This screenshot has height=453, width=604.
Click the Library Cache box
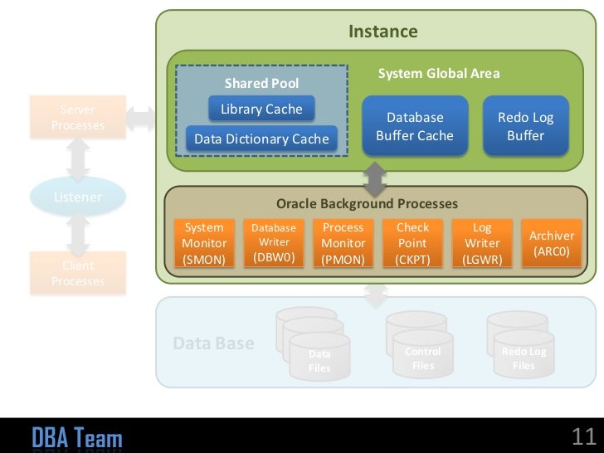tap(261, 110)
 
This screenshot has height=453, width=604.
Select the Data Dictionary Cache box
tap(261, 139)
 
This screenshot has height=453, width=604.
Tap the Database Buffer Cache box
tap(415, 126)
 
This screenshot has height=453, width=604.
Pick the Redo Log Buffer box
tap(525, 126)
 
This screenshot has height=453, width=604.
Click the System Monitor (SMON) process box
tap(204, 243)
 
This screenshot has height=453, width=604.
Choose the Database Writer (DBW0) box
tap(274, 243)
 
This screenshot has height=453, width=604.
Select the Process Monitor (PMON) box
tap(343, 243)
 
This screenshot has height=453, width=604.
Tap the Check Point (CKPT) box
tap(413, 243)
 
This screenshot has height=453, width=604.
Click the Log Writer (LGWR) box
tap(482, 243)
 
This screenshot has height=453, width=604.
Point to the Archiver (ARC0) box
tap(552, 243)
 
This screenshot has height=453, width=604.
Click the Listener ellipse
tap(78, 197)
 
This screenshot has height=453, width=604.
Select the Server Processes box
tap(78, 118)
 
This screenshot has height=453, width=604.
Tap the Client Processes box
tap(78, 274)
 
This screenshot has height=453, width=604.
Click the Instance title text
tap(382, 32)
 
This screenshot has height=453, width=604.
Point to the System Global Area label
tap(439, 74)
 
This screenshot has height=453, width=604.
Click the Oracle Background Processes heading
tap(367, 203)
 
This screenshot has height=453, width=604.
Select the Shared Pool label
tap(261, 83)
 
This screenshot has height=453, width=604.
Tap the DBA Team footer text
tap(77, 437)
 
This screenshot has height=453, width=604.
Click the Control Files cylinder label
tap(423, 358)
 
